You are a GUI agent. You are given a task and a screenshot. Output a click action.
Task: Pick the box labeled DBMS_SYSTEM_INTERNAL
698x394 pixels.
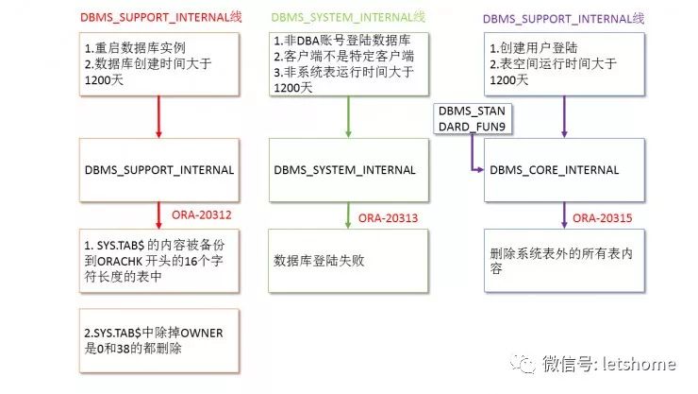pyautogui.click(x=343, y=169)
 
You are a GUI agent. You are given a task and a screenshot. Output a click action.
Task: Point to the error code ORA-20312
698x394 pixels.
pyautogui.click(x=201, y=214)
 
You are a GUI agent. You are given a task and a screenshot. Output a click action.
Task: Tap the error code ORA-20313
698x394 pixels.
pyautogui.click(x=389, y=218)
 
